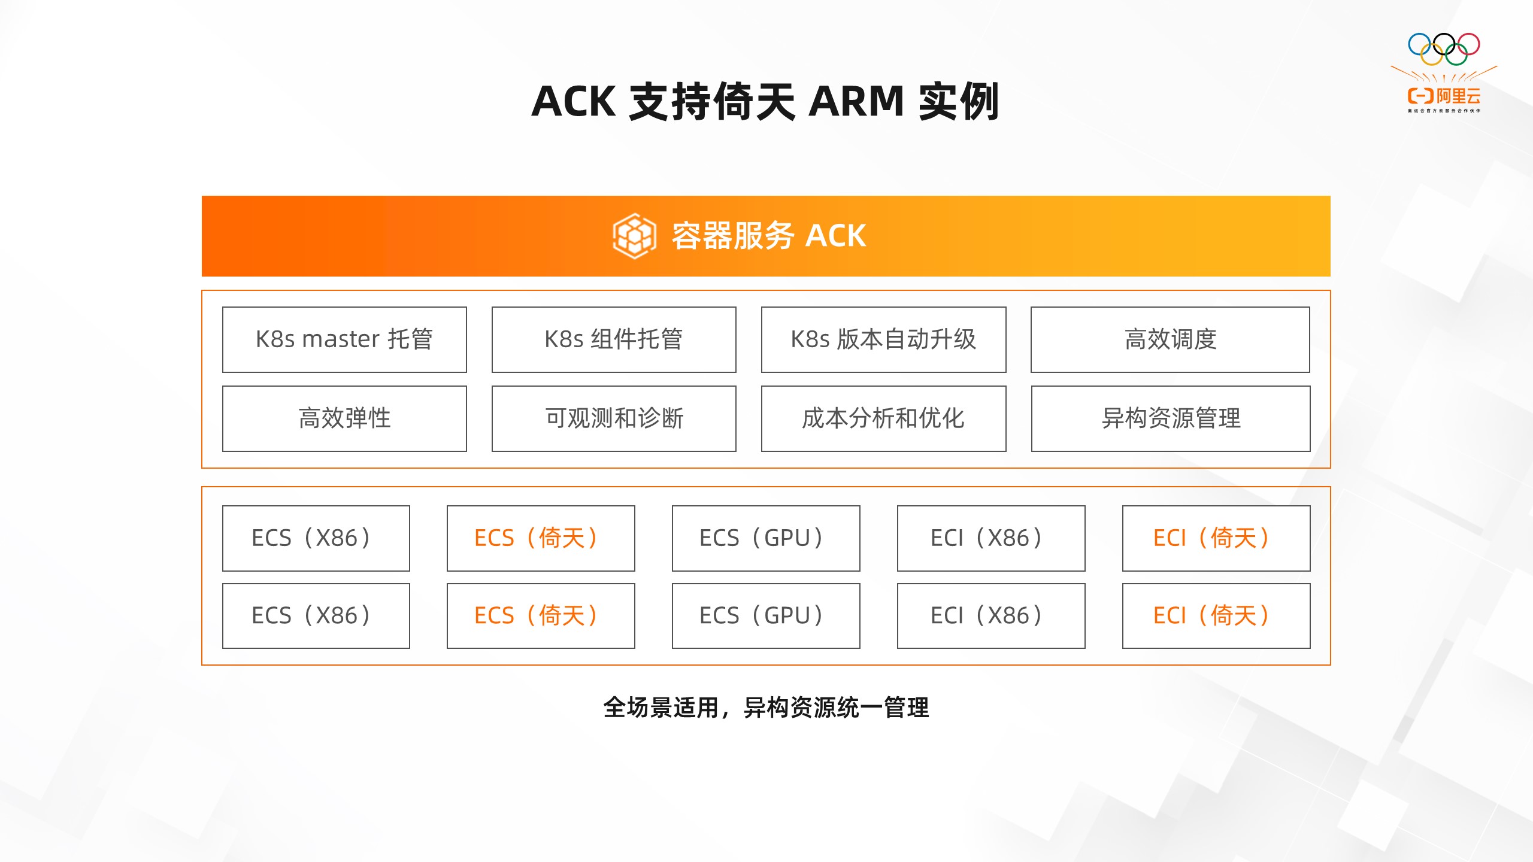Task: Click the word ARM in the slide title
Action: coord(856,102)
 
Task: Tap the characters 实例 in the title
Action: coord(958,102)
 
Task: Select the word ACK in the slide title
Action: coord(573,102)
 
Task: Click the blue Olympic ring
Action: coord(1419,44)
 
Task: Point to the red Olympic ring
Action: coord(1468,44)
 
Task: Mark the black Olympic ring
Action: coord(1444,44)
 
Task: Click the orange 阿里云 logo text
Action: coord(1458,96)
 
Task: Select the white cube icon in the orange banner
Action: coord(634,236)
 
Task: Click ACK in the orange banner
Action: coord(835,236)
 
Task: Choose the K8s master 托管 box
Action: coord(344,339)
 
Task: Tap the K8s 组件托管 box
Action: coord(614,339)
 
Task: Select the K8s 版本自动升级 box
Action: coord(883,339)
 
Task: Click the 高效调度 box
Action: coord(1170,339)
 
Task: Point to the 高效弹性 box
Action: coord(344,418)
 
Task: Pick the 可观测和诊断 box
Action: coord(614,418)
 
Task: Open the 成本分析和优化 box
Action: coord(883,418)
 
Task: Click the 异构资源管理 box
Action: coord(1171,418)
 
